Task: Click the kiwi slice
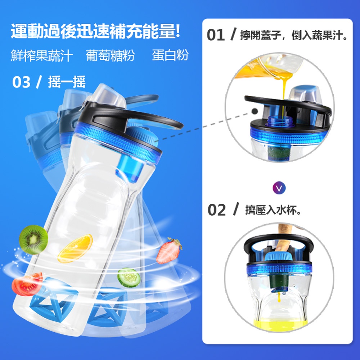pyautogui.click(x=33, y=239)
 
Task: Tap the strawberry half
pyautogui.click(x=169, y=251)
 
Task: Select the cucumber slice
pyautogui.click(x=129, y=277)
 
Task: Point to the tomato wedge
pyautogui.click(x=27, y=284)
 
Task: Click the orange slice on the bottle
pyautogui.click(x=75, y=248)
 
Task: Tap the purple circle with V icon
pyautogui.click(x=279, y=188)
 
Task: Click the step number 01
pyautogui.click(x=216, y=35)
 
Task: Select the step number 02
pyautogui.click(x=216, y=210)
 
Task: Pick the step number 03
pyautogui.click(x=21, y=82)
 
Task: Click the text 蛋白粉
pyautogui.click(x=170, y=55)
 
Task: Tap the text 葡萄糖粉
pyautogui.click(x=110, y=55)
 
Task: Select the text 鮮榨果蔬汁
pyautogui.click(x=42, y=55)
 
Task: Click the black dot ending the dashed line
pyautogui.click(x=255, y=111)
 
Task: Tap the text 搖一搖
pyautogui.click(x=67, y=82)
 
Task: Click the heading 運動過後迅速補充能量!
pyautogui.click(x=95, y=31)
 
